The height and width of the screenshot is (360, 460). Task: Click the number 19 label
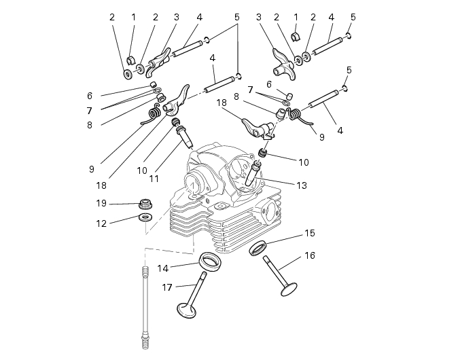(x=101, y=202)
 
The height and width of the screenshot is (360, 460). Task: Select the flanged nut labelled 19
(x=144, y=202)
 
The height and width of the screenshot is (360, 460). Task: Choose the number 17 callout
(x=167, y=287)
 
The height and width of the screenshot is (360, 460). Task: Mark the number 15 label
(x=309, y=233)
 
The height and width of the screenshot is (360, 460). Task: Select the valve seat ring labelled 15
(x=260, y=247)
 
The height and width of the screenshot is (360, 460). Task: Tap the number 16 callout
(x=309, y=255)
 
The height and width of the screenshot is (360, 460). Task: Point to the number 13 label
(x=301, y=185)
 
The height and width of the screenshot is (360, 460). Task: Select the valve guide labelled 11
(x=185, y=139)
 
